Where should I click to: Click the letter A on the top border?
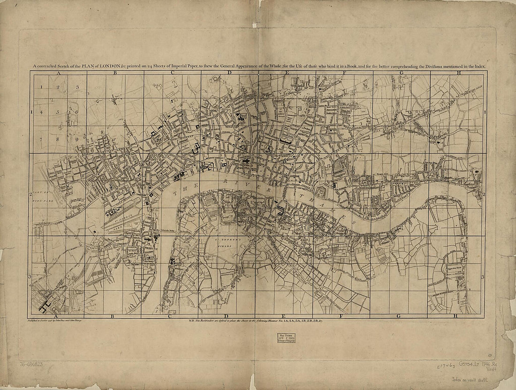point(59,73)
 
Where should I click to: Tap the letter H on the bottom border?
point(455,316)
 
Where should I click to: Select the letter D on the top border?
point(230,73)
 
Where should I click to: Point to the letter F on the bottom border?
point(341,316)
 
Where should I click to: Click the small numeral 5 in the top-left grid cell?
point(58,112)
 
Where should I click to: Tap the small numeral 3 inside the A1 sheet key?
point(77,87)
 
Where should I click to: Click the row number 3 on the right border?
point(483,277)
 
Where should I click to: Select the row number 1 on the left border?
point(30,112)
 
